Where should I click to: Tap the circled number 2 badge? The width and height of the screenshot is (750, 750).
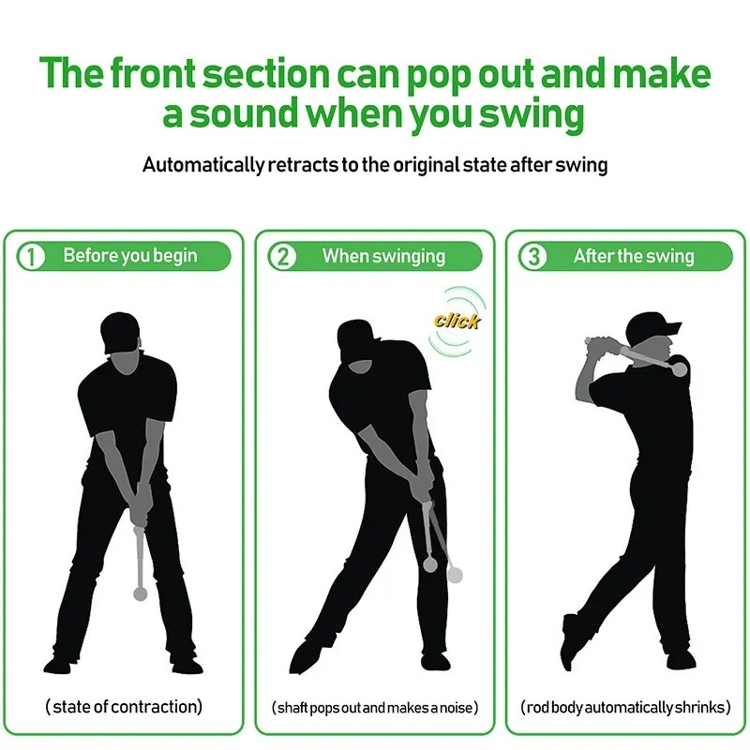[x=282, y=256]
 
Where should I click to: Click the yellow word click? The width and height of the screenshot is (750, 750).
[x=457, y=322]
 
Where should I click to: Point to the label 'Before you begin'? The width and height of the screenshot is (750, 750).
[x=130, y=256]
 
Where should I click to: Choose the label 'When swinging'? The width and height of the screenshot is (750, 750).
[x=383, y=256]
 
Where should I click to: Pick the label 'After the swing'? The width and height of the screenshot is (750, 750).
[x=634, y=256]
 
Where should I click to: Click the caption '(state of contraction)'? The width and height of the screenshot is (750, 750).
[x=124, y=707]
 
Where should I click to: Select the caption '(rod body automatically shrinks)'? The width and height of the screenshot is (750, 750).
[x=625, y=707]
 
